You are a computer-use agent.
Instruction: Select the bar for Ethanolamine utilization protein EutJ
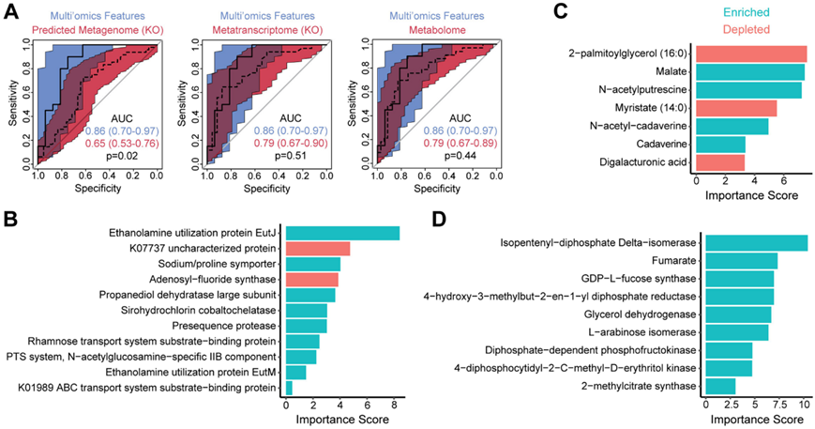point(341,234)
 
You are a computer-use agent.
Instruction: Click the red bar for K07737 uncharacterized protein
point(317,249)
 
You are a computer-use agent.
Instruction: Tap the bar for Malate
point(749,71)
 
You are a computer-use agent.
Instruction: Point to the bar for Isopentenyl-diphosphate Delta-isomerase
point(756,243)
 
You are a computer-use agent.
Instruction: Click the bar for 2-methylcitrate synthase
point(720,386)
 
